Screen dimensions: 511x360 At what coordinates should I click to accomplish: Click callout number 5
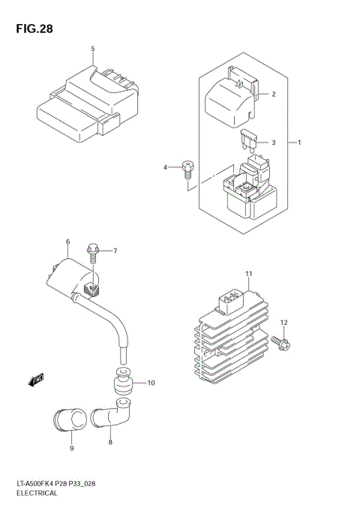coord(93,50)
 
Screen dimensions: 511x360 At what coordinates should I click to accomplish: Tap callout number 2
coord(273,95)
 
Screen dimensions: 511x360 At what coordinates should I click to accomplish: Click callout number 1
coord(298,142)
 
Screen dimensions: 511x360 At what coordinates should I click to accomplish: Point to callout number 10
coord(150,383)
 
